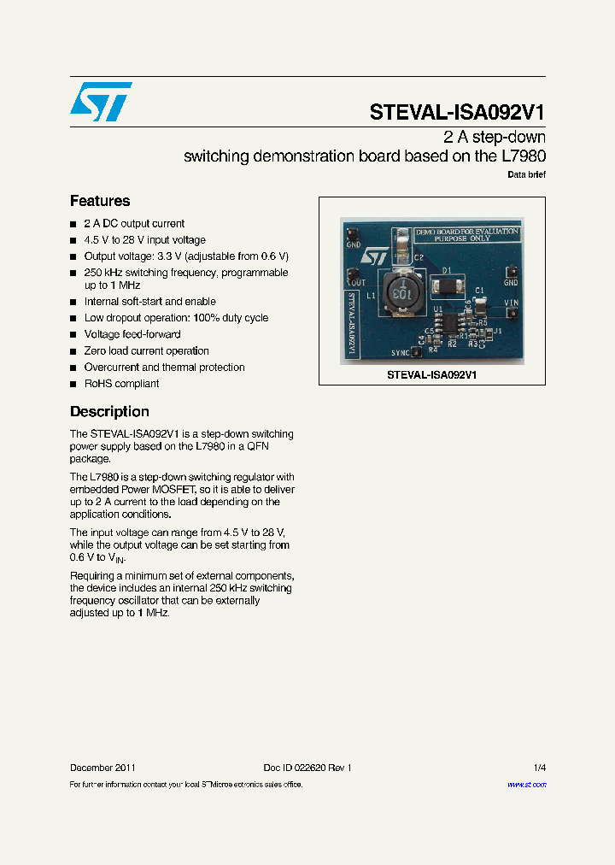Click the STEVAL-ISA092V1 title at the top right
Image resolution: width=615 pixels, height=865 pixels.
pos(457,113)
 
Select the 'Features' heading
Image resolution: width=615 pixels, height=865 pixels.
pos(100,201)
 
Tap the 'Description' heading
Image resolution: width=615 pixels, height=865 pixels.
pos(109,411)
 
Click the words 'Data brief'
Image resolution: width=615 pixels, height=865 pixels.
pos(526,174)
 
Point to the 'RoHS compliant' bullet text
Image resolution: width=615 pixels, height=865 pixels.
pos(121,384)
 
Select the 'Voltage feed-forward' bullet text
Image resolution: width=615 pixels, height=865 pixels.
pos(132,334)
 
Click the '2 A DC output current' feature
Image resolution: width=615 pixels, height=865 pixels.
pos(134,224)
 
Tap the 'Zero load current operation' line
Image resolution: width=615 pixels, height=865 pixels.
pos(146,350)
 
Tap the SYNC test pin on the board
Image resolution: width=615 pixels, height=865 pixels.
pos(416,351)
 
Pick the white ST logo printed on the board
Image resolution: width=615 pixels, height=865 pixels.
pos(374,256)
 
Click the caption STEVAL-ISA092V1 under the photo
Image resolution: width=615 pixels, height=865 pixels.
pos(431,375)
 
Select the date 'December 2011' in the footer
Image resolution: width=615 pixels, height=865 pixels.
pos(102,768)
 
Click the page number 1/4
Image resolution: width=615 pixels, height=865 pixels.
pos(539,768)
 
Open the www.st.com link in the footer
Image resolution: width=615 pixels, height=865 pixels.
pos(526,785)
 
